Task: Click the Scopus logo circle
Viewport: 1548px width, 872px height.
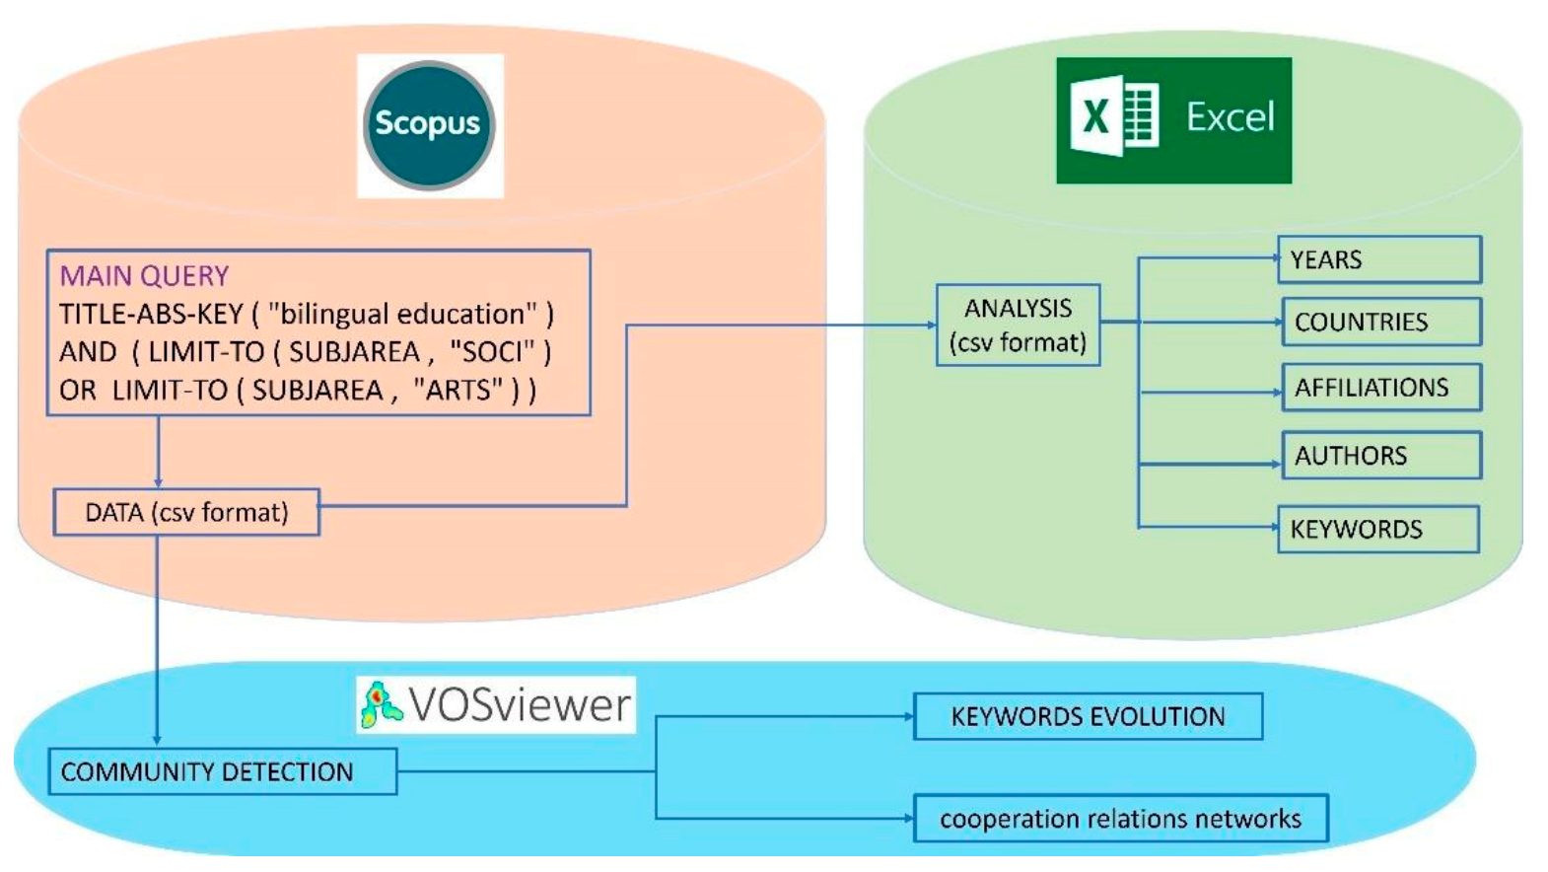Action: click(429, 124)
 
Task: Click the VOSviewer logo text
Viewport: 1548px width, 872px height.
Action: click(519, 704)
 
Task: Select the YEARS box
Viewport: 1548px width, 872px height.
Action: click(1378, 259)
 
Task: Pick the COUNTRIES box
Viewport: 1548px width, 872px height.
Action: click(1380, 322)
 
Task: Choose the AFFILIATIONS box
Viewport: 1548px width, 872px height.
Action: click(1380, 388)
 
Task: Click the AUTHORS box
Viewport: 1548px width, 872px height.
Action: click(1380, 456)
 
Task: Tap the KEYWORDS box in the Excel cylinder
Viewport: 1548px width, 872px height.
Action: click(1377, 530)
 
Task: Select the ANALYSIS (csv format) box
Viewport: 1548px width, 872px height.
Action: click(1018, 326)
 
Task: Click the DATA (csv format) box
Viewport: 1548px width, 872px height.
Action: click(186, 513)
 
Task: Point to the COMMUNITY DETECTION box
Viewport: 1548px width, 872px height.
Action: click(222, 771)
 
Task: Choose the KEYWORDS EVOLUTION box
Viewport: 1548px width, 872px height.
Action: click(1088, 716)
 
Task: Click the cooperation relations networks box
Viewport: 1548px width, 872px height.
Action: click(1120, 819)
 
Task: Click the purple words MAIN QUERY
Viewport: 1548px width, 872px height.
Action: click(144, 275)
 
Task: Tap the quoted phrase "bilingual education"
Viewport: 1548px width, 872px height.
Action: click(404, 314)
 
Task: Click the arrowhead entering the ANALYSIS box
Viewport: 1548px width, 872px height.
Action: click(931, 325)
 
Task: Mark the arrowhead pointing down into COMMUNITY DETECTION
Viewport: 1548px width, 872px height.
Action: click(157, 740)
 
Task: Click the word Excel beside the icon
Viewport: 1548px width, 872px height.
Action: click(1230, 117)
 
